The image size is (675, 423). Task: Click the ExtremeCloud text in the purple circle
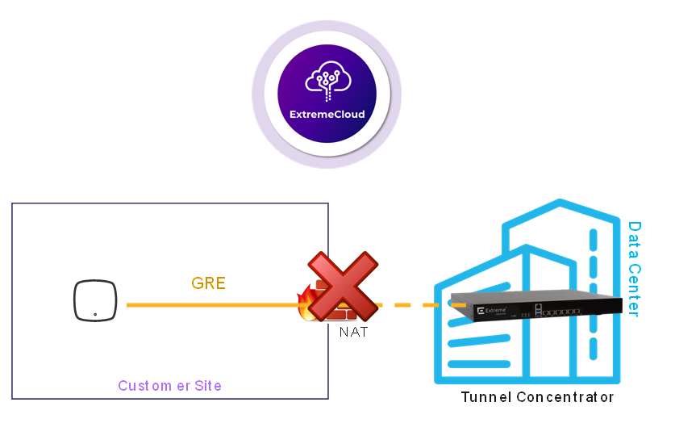pos(327,115)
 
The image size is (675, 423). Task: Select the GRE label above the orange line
pos(208,283)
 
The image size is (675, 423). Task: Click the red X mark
pos(343,287)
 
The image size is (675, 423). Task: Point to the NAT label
pos(352,332)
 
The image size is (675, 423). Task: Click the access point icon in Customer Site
pos(95,300)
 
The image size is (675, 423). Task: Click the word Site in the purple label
pos(208,386)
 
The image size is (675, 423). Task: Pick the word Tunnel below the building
pos(485,397)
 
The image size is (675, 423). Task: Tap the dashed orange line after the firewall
pos(411,305)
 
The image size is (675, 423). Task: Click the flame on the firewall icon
pos(306,304)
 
